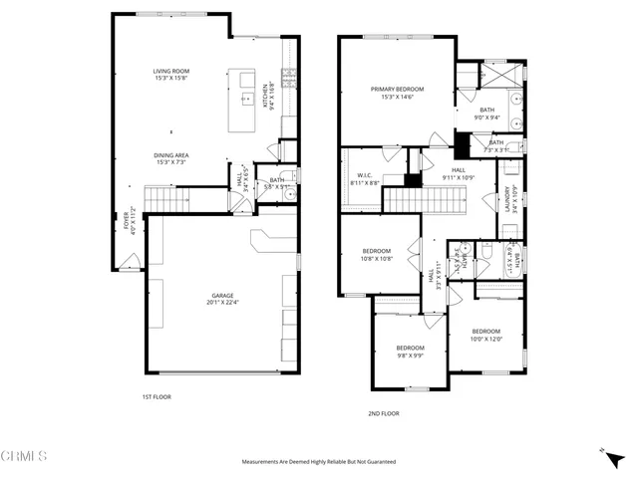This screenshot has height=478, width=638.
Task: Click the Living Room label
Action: click(172, 75)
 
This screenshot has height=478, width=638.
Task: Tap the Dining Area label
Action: click(172, 158)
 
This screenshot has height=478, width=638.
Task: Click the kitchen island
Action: click(242, 100)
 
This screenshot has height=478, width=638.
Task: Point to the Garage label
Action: click(221, 300)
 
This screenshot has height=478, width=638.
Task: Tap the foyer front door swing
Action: click(128, 260)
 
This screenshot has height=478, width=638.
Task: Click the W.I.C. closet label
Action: click(364, 180)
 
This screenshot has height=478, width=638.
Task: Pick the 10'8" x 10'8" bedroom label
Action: click(377, 254)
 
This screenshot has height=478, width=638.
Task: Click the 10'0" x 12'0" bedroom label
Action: click(485, 335)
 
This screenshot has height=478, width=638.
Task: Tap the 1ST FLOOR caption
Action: click(157, 397)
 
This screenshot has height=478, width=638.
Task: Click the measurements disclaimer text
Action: click(319, 462)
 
